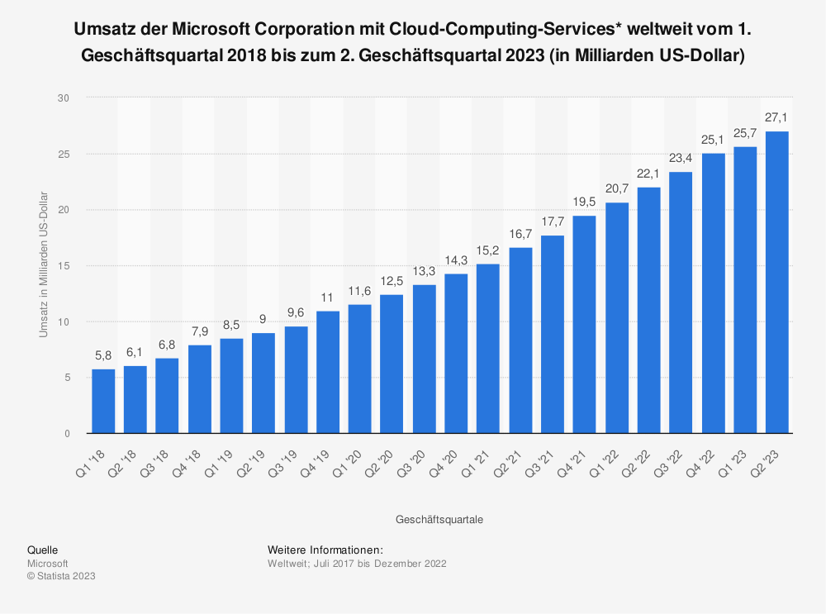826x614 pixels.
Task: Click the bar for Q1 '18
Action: click(x=103, y=401)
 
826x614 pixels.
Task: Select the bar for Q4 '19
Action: click(x=328, y=372)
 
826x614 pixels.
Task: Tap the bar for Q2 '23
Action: click(x=777, y=282)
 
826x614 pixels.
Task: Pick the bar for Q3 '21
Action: click(x=553, y=334)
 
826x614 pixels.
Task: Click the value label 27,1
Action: click(x=777, y=118)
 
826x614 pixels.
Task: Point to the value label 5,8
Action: click(x=103, y=356)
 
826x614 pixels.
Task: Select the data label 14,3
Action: click(x=456, y=261)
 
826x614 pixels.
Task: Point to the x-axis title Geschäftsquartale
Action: click(x=439, y=520)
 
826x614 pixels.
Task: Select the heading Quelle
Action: click(x=42, y=550)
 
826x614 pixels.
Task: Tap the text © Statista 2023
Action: click(x=61, y=576)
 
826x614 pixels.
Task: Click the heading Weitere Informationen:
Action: click(x=325, y=550)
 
